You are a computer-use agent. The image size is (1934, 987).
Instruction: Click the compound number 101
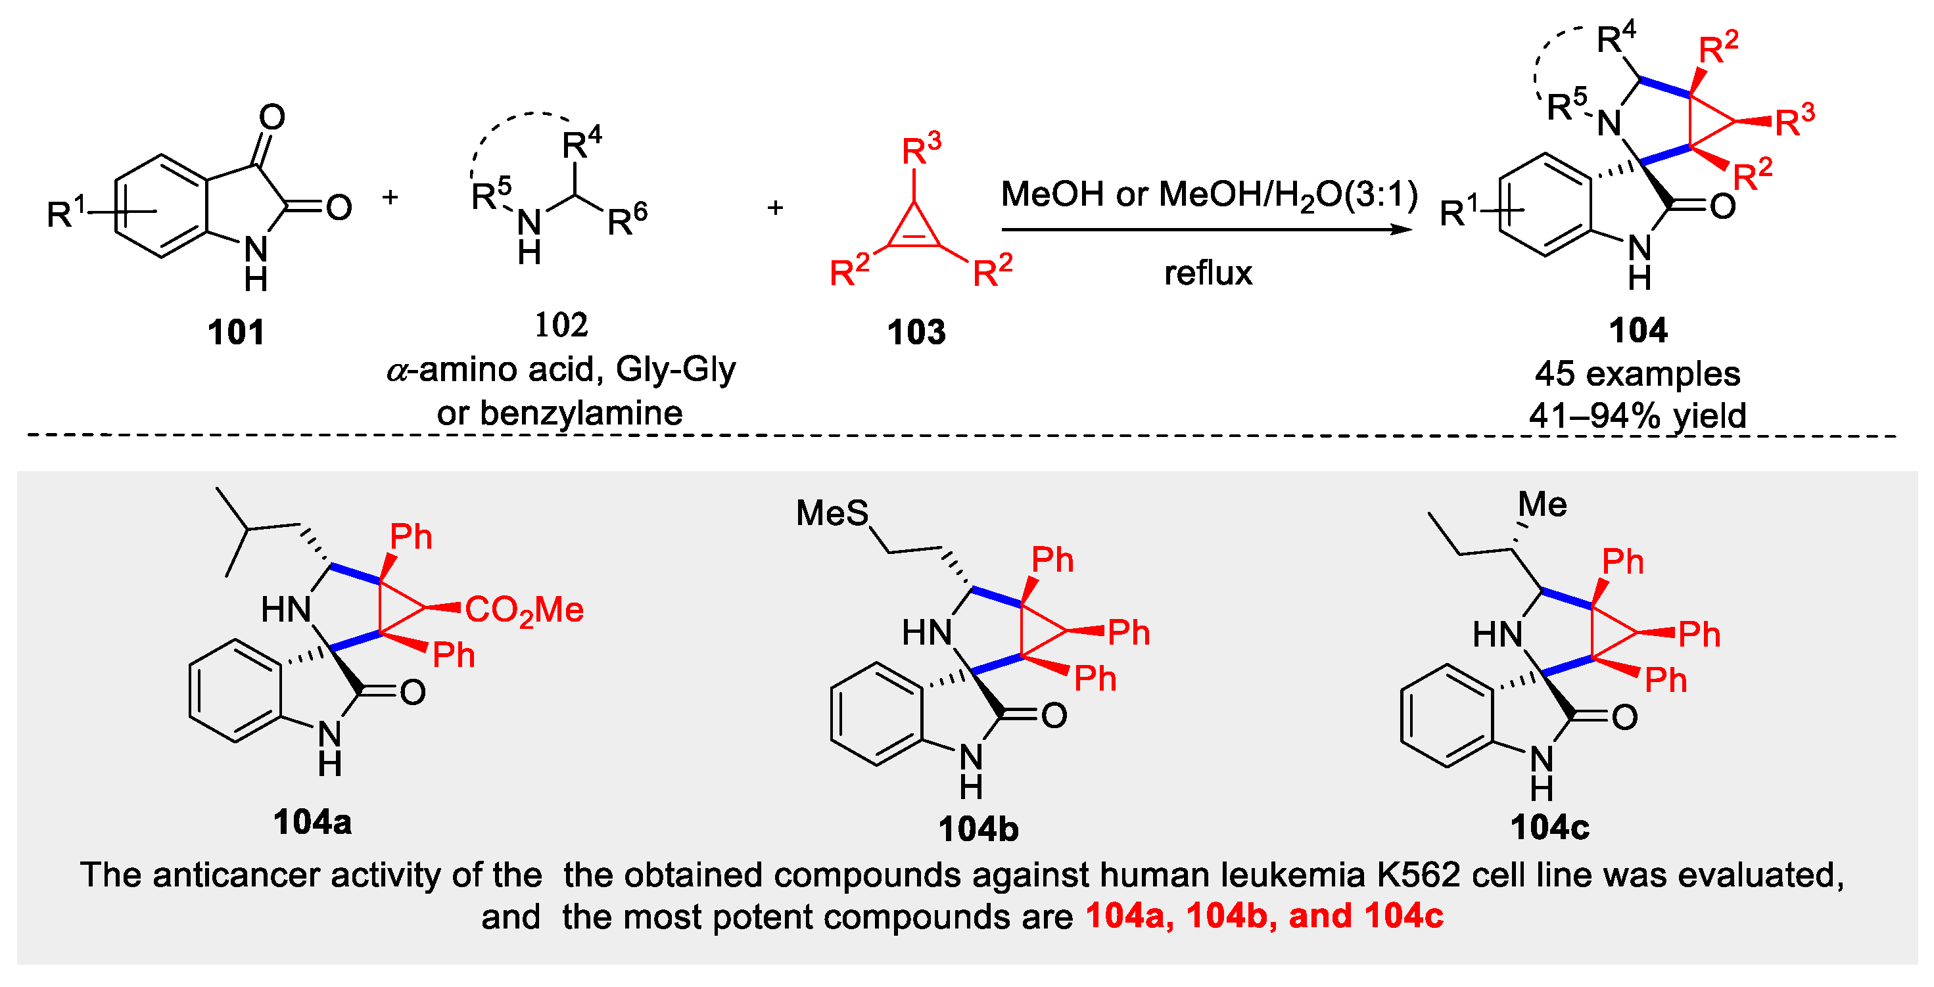tap(236, 332)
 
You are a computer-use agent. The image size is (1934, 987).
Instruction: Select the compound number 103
tap(916, 332)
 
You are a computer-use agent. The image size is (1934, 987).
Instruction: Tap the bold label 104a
tap(312, 822)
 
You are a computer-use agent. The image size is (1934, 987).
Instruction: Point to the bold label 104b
tap(978, 829)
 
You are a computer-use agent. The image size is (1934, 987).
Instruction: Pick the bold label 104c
tap(1549, 827)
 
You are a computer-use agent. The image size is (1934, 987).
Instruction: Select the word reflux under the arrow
tap(1208, 273)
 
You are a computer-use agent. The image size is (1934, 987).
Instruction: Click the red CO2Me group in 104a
tap(524, 609)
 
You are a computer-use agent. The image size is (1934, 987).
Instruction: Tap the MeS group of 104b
tap(832, 514)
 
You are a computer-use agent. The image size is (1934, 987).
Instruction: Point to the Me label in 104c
tap(1542, 505)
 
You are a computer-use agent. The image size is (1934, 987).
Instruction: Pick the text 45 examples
tap(1638, 374)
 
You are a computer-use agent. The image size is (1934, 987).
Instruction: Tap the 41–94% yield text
tap(1638, 415)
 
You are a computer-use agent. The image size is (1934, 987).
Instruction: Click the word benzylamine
tap(581, 413)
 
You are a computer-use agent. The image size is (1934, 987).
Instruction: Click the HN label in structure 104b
tap(927, 633)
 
